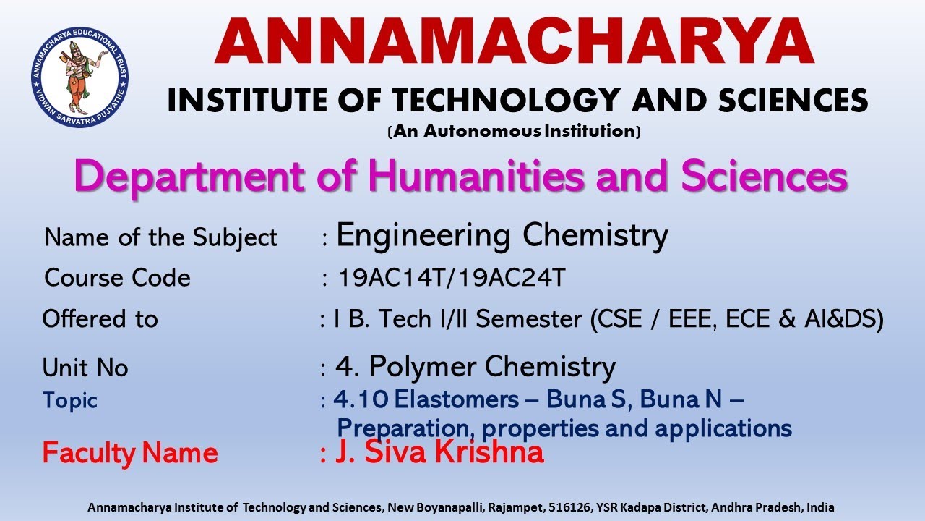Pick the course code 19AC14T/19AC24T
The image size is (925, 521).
coord(452,278)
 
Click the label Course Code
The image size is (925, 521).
coord(117,278)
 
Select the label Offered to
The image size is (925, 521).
coord(100,319)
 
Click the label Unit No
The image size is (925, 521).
coord(85,368)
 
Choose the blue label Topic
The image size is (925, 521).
coord(69,400)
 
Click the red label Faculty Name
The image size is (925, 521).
coord(130,454)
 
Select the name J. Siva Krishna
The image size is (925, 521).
coord(439,452)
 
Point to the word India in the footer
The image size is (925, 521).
coord(820,508)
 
